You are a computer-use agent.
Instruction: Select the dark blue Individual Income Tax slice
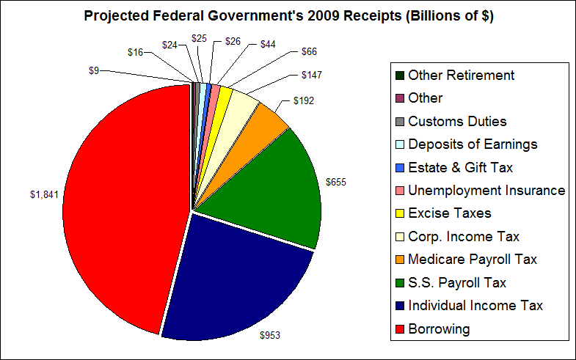click(235, 279)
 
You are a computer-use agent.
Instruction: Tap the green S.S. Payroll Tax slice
click(279, 191)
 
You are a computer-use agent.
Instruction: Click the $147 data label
click(311, 75)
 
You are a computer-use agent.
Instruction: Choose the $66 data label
click(310, 53)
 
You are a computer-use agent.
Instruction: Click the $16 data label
click(135, 52)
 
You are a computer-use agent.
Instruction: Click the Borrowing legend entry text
click(438, 328)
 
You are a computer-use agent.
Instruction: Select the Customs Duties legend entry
click(456, 121)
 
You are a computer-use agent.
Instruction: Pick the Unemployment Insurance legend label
click(486, 190)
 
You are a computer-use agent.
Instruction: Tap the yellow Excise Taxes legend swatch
click(398, 213)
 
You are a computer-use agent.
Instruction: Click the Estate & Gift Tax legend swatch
click(398, 167)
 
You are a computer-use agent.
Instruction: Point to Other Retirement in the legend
click(461, 75)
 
